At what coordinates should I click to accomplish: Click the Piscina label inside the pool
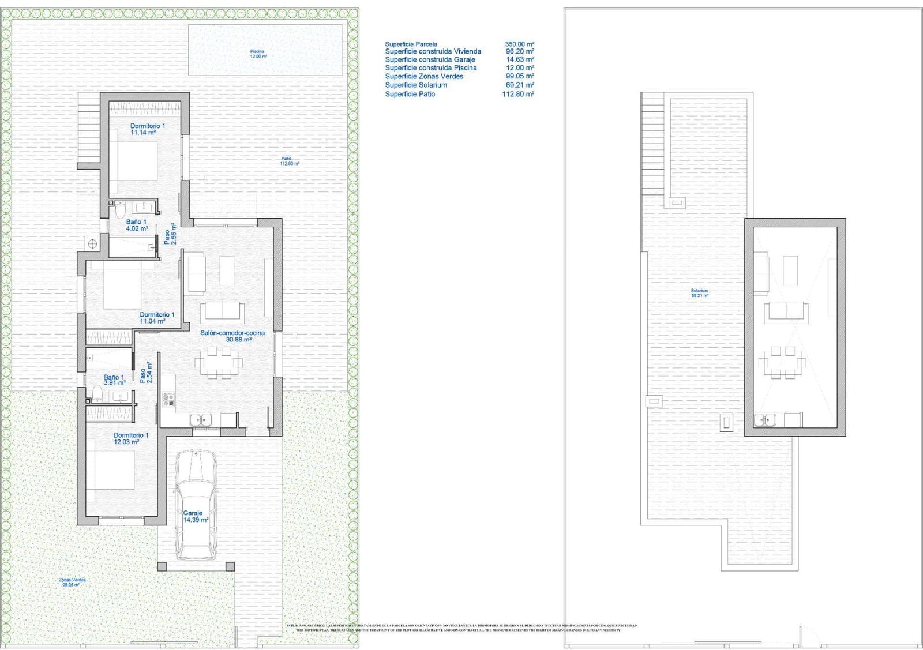coord(257,54)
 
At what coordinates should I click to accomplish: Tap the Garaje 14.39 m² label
coord(194,516)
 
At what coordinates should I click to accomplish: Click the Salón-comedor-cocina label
coord(233,336)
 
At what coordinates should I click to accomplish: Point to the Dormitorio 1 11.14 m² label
coord(147,129)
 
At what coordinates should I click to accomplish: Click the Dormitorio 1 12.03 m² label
coord(130,439)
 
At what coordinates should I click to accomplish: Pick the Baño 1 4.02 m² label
coord(136,225)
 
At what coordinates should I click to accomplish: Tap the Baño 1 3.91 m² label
coord(114,380)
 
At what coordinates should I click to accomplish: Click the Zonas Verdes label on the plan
coord(72,582)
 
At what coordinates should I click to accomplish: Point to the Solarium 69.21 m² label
coord(699,293)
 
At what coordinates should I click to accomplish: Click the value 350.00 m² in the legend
coord(519,44)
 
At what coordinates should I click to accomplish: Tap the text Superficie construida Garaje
coord(430,59)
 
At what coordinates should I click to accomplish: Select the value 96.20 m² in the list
coord(519,51)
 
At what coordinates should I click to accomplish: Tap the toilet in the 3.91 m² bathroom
coord(96,394)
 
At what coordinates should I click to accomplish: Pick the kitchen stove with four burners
coord(168,399)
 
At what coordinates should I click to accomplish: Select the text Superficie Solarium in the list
coord(416,85)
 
